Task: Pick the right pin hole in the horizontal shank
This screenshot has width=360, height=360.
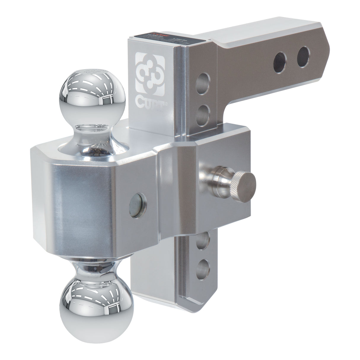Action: [x=303, y=54]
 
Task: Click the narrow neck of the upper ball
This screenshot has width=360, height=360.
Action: [x=93, y=131]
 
